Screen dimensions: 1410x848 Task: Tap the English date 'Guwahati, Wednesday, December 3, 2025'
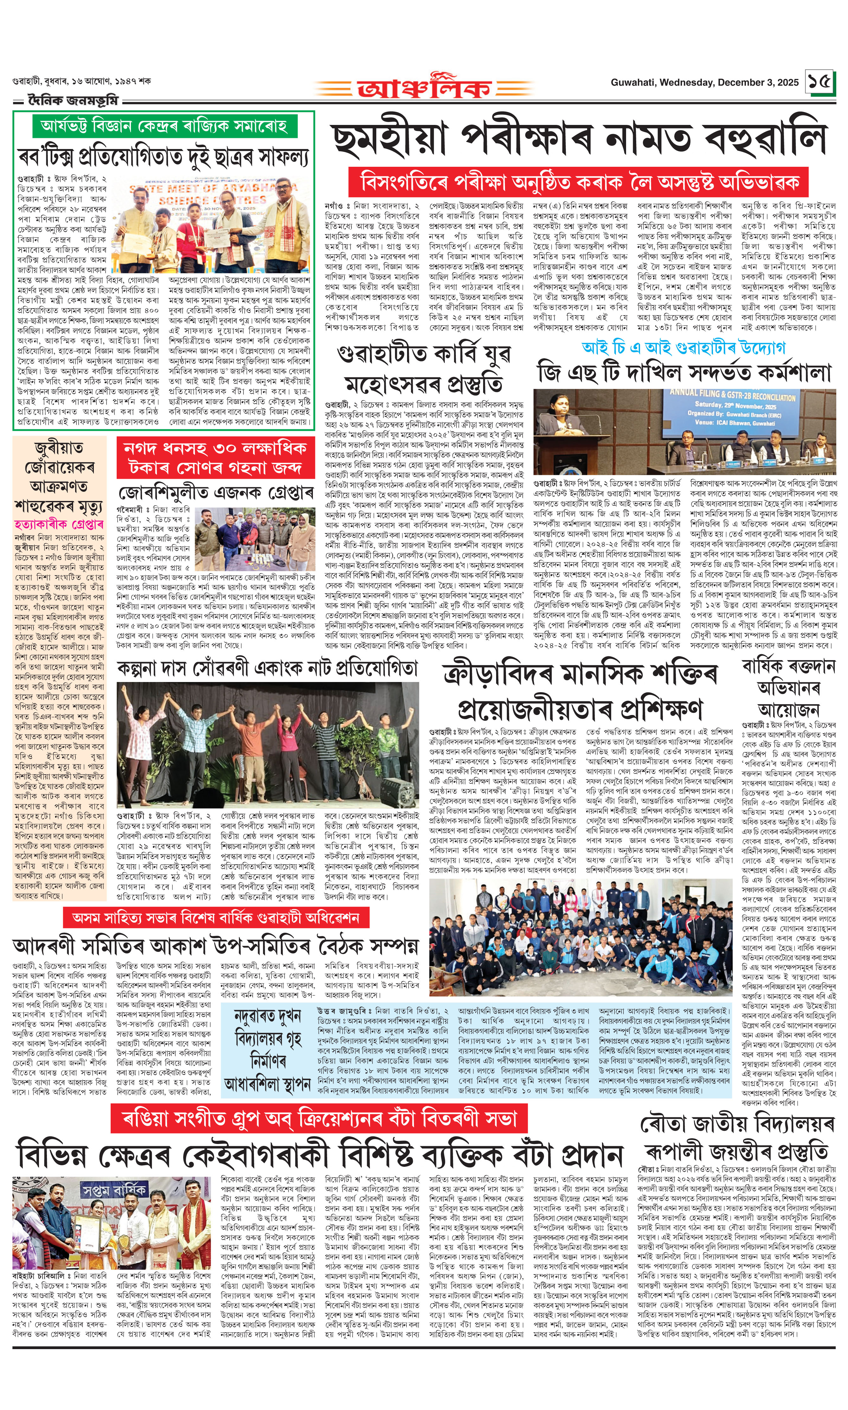point(704,82)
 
